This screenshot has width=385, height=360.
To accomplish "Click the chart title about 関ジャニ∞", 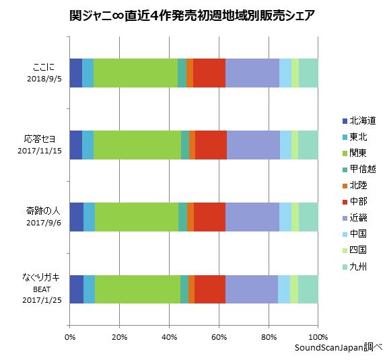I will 192,14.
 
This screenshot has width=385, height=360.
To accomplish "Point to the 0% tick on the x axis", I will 69,336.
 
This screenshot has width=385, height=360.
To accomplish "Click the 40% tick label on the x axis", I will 168,336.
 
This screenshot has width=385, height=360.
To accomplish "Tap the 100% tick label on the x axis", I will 317,336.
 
